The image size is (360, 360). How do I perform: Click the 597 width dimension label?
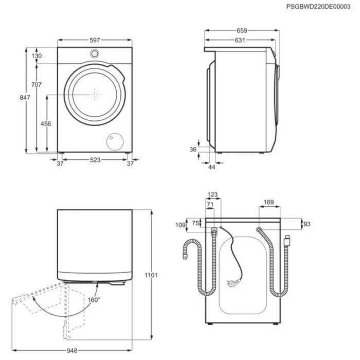point(95,40)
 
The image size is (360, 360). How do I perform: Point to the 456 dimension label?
point(46,123)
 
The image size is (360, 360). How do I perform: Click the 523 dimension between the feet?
point(95,160)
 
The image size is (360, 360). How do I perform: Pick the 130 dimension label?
point(37,56)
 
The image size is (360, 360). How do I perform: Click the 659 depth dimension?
point(241,30)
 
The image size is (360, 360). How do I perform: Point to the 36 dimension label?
point(193,149)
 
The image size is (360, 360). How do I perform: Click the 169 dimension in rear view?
point(268,202)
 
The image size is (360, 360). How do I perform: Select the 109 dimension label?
point(179,225)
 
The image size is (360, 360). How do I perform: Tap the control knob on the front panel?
point(95,53)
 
